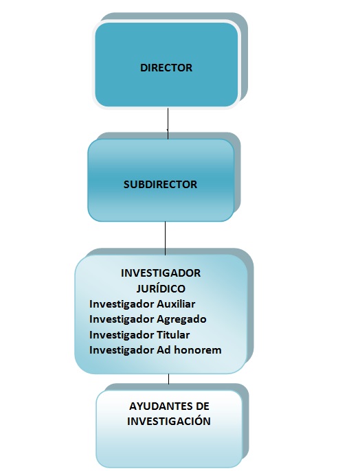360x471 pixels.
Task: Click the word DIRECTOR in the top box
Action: click(x=166, y=68)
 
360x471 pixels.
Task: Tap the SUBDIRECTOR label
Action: click(x=160, y=185)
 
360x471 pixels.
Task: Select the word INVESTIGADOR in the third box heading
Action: click(x=161, y=273)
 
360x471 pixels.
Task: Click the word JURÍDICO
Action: click(x=161, y=288)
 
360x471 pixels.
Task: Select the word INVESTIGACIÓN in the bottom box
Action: click(x=169, y=421)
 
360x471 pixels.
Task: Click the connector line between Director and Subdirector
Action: click(x=168, y=123)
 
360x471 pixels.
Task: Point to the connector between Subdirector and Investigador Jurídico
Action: click(x=166, y=237)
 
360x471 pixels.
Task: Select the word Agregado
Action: click(x=182, y=319)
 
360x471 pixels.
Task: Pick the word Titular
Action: click(x=174, y=335)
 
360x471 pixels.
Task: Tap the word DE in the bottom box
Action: click(x=194, y=406)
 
